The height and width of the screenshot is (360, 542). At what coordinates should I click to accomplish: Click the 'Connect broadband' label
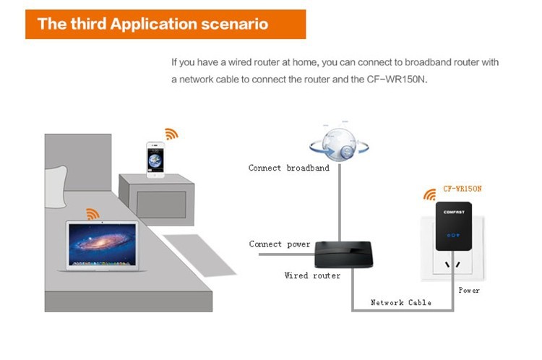click(x=288, y=168)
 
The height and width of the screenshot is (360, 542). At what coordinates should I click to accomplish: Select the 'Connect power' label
click(x=280, y=244)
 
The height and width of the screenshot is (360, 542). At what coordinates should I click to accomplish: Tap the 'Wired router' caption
click(x=312, y=275)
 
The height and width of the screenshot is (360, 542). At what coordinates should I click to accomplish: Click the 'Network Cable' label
click(x=401, y=302)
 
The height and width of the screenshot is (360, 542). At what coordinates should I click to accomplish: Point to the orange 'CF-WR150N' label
click(x=462, y=189)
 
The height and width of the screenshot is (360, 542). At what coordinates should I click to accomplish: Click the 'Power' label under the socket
click(x=469, y=290)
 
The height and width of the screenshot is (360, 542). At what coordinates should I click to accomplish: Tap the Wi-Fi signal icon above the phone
click(x=171, y=134)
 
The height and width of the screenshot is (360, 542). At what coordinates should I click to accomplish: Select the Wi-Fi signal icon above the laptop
click(x=93, y=213)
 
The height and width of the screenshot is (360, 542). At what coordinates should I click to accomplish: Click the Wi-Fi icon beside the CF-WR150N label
click(x=430, y=194)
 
